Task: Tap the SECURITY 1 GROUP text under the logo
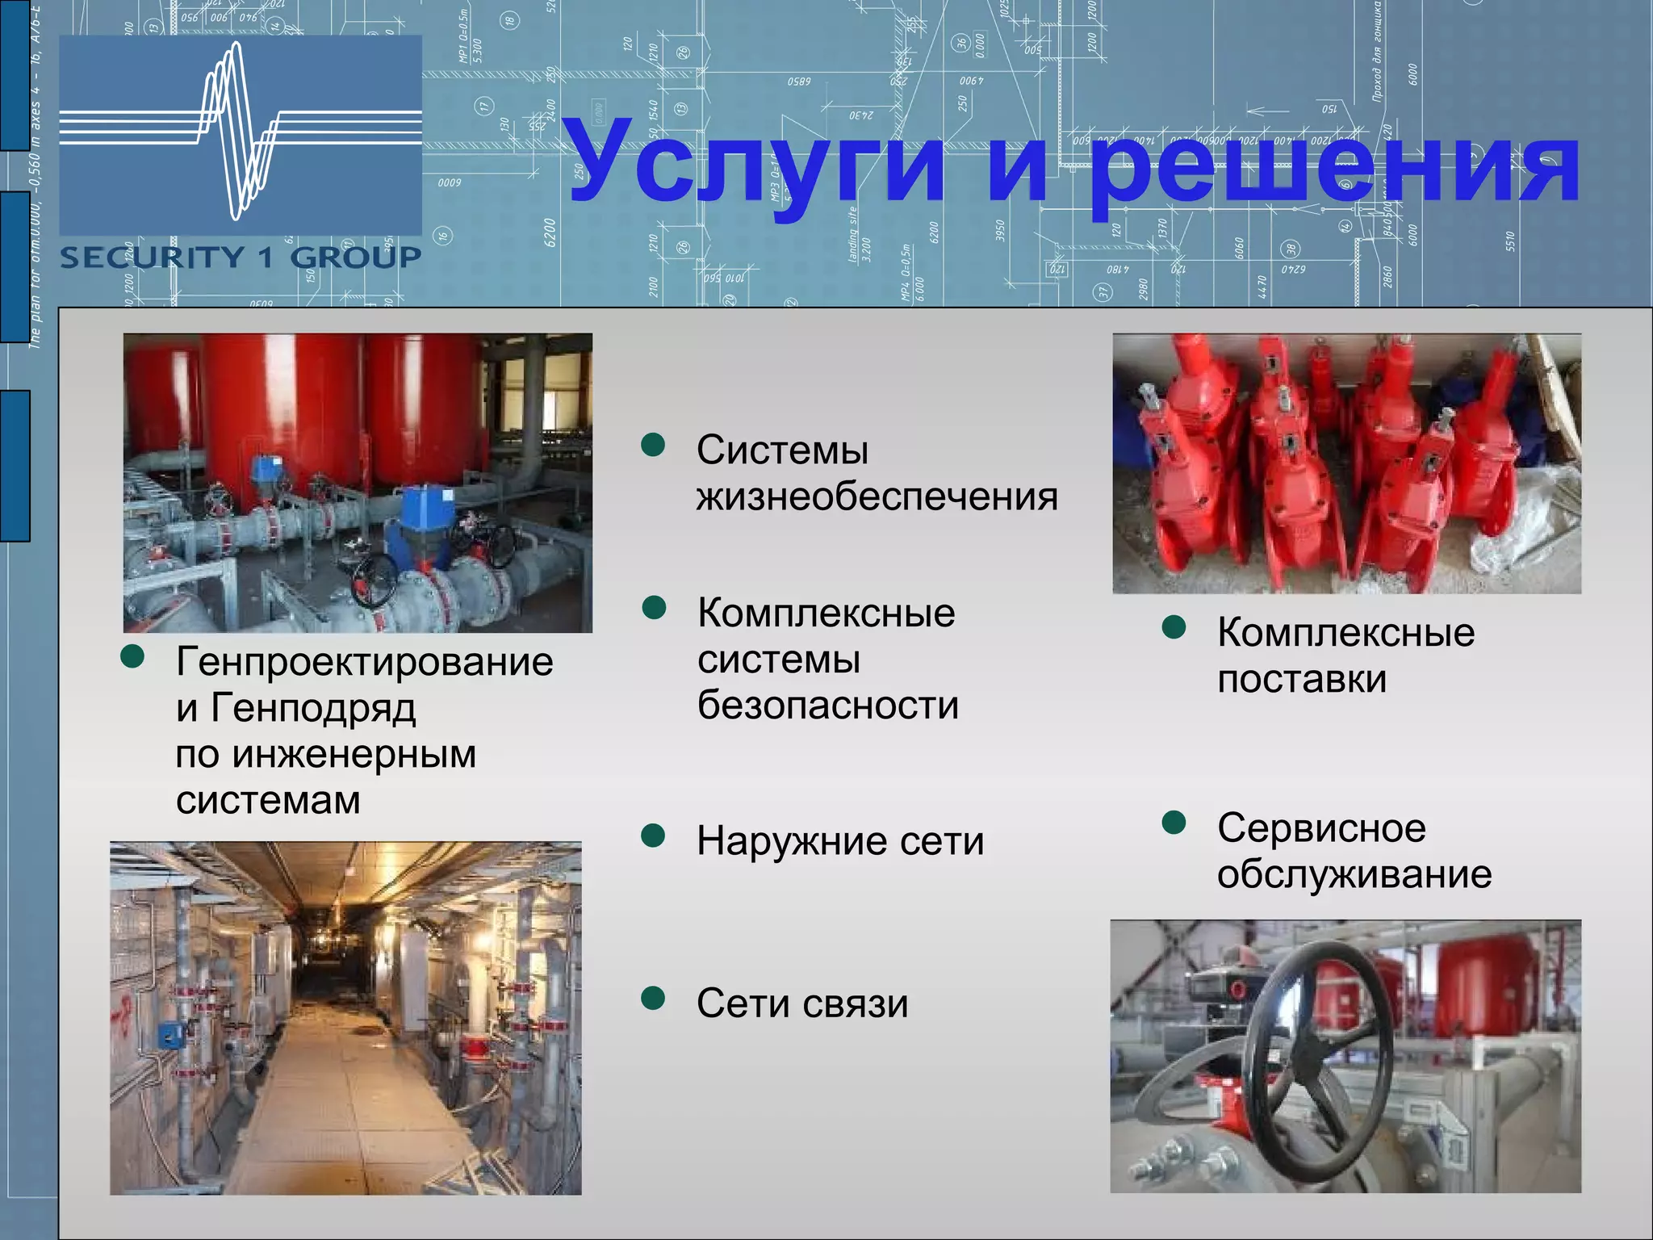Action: tap(241, 258)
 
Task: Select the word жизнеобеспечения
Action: tap(877, 496)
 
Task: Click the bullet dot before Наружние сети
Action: tap(652, 836)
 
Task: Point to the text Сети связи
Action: tap(802, 1003)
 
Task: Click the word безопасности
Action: tap(827, 705)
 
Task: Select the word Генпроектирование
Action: tap(364, 662)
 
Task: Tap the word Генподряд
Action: tap(313, 708)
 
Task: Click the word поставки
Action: tap(1301, 679)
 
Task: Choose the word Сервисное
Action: tap(1321, 827)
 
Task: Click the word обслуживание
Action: tap(1354, 874)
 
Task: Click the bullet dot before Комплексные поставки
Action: tap(1174, 627)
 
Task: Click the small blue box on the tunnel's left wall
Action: tap(169, 1031)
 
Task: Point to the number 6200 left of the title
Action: tap(550, 232)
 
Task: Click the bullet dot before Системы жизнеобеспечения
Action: tap(652, 445)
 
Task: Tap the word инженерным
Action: tap(354, 755)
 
